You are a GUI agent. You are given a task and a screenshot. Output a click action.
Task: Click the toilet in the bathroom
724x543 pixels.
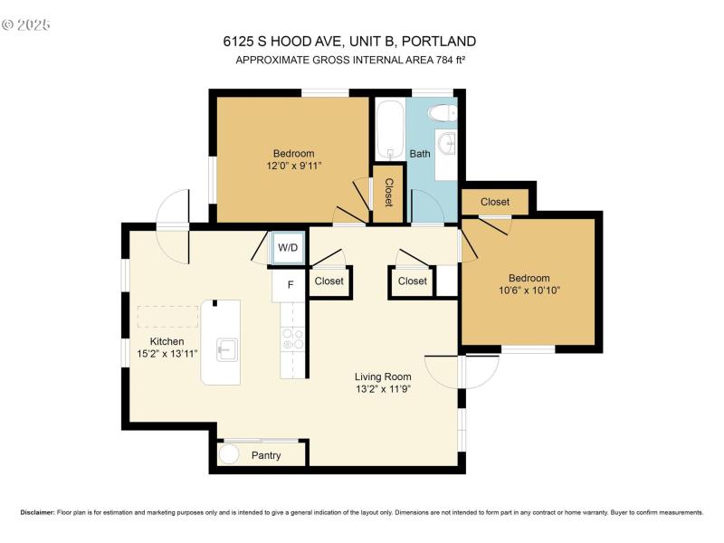point(443,112)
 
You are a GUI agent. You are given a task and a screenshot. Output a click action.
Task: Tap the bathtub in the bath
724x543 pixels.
point(390,130)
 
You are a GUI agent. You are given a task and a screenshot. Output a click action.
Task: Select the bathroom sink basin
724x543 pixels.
point(446,143)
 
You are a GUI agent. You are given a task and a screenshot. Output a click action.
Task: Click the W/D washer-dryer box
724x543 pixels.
point(288,248)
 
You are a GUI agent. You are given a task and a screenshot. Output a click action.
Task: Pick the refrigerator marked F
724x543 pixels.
point(289,285)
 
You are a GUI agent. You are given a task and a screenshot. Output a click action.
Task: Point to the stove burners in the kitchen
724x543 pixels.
point(293,338)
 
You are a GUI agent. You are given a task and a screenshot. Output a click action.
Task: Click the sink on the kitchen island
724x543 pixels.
point(227,349)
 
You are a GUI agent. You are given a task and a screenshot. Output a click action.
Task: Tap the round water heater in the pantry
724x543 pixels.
point(228,454)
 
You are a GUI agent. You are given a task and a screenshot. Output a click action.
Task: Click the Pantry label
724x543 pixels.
point(266,456)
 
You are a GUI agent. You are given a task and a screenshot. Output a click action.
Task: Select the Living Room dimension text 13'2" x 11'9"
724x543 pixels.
point(383,389)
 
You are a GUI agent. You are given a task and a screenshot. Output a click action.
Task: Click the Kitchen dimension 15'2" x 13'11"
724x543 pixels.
point(167,354)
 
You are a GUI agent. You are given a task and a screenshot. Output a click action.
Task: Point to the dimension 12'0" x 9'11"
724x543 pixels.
point(293,166)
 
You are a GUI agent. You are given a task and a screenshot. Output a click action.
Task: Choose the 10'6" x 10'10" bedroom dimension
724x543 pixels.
point(529,291)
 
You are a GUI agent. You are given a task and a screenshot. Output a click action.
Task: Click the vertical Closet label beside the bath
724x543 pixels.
point(389,193)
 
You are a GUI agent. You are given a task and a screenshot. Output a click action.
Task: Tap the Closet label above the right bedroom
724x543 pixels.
point(495,202)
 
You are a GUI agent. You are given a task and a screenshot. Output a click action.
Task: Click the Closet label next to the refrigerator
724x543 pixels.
point(329,281)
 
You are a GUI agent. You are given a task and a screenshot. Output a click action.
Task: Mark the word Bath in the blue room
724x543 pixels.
point(420,154)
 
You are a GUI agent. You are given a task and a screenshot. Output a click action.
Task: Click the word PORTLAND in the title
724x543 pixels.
point(439,42)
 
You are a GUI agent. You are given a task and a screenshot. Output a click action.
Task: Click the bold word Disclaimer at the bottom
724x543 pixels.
point(37,512)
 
